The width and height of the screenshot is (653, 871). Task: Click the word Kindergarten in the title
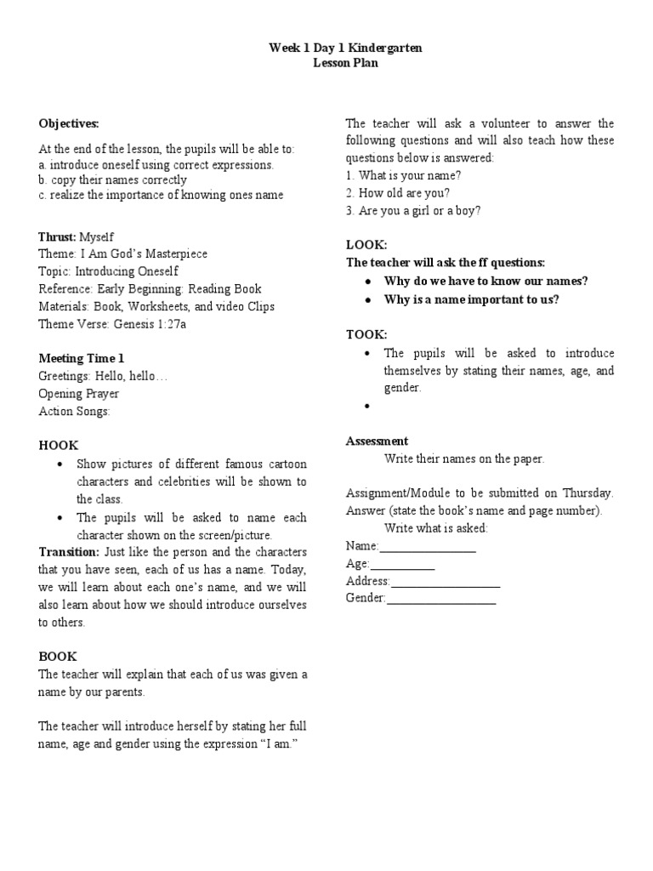(380, 48)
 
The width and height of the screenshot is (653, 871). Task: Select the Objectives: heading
(69, 123)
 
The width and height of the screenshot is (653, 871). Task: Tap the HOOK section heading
(58, 446)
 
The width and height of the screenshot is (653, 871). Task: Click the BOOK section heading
(58, 657)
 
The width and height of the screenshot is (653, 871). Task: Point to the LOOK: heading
(366, 244)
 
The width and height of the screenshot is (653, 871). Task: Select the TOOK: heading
(366, 334)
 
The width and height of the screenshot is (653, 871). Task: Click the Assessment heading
(377, 441)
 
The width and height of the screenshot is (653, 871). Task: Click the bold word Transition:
(69, 552)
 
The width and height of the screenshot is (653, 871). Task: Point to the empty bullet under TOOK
(367, 407)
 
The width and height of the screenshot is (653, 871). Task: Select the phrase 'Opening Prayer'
(79, 394)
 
